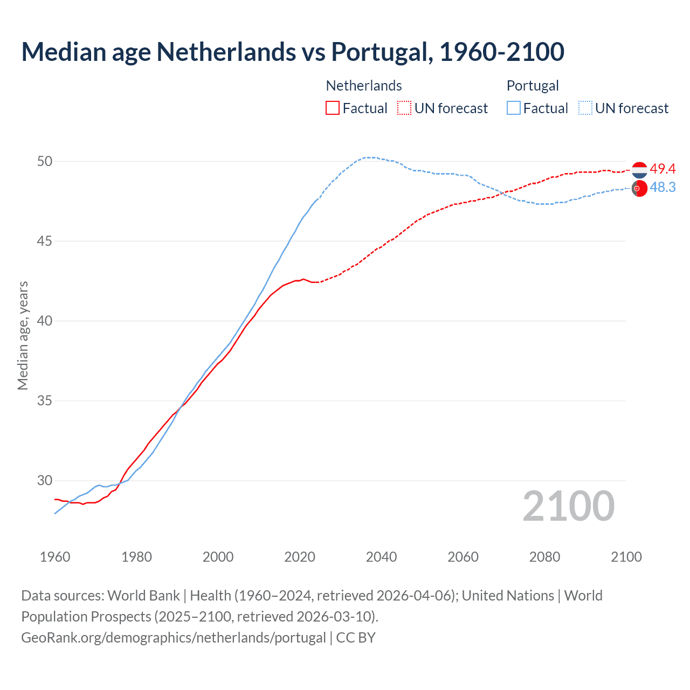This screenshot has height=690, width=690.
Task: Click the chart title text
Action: click(293, 52)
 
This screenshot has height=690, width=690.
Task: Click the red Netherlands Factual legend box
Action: click(333, 108)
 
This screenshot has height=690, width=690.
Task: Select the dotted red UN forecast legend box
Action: click(404, 108)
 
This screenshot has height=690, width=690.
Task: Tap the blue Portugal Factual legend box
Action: click(514, 108)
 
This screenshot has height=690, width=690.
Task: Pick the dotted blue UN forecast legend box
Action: click(585, 108)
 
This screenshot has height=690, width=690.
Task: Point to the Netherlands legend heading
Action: click(364, 86)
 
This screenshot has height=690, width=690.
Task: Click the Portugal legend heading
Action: click(533, 86)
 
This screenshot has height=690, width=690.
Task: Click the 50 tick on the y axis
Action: click(45, 161)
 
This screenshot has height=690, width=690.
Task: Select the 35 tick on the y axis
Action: click(45, 401)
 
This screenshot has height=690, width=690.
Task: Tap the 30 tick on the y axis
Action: click(45, 480)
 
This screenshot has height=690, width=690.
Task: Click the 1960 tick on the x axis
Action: click(55, 557)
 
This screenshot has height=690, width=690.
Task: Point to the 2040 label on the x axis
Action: click(381, 557)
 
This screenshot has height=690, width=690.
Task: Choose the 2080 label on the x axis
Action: click(544, 557)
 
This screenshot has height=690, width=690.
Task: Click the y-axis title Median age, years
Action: click(23, 335)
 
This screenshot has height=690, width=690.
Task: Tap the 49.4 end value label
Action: click(663, 169)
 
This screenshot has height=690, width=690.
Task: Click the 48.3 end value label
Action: click(663, 187)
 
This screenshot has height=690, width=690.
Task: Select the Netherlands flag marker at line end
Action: click(639, 170)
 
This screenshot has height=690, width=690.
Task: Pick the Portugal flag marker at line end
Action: click(639, 189)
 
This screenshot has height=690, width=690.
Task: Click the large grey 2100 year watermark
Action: click(568, 506)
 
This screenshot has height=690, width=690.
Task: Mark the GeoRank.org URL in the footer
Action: click(174, 638)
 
